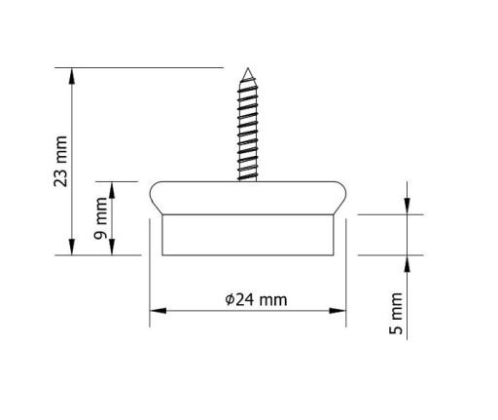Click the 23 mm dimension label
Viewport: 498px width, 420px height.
coord(60,162)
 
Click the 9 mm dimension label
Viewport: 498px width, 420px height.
coord(100,218)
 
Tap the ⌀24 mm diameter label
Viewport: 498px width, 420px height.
coord(256,299)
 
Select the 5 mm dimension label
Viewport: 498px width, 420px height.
coord(396,314)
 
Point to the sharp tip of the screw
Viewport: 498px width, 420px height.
coord(248,68)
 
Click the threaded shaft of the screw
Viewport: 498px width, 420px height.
coord(248,129)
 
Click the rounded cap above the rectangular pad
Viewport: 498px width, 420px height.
coord(248,198)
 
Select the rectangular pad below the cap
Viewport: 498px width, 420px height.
coord(248,235)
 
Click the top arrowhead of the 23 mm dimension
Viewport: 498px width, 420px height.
coord(72,76)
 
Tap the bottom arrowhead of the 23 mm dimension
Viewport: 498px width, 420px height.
coord(72,248)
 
